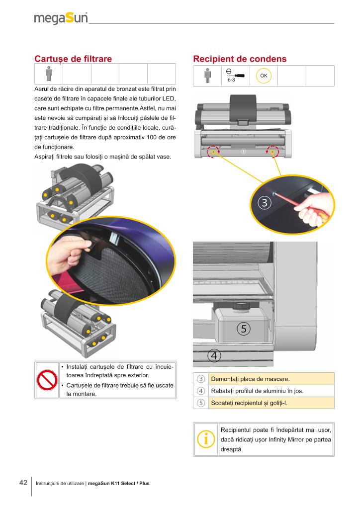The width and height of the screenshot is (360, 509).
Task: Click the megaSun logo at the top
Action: tap(61, 18)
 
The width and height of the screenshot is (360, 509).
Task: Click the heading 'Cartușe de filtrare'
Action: tap(73, 59)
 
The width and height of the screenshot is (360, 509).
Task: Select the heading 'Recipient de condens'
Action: tap(240, 59)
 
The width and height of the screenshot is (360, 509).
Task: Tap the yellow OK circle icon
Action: tap(264, 76)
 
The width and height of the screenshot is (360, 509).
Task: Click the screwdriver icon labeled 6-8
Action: tap(235, 76)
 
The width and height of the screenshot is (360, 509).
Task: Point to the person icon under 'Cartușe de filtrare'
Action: tap(49, 74)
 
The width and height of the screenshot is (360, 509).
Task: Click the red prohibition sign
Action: tap(47, 380)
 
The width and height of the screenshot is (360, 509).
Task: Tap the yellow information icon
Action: tap(206, 439)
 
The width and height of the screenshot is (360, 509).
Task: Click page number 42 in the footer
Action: tap(23, 483)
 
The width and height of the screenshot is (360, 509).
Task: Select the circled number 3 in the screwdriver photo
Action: tap(264, 203)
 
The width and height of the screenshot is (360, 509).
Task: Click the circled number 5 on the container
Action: tap(244, 329)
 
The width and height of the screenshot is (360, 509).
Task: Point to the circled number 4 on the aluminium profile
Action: tap(214, 356)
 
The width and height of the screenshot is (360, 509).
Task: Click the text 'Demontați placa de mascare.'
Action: tap(250, 379)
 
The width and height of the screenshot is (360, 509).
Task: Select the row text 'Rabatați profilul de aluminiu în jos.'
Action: tap(257, 391)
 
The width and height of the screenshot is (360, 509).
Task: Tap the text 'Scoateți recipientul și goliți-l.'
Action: tap(249, 403)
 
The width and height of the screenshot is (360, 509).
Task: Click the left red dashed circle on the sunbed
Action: tap(213, 151)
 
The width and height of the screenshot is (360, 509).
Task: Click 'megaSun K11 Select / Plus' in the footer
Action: tap(118, 483)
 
